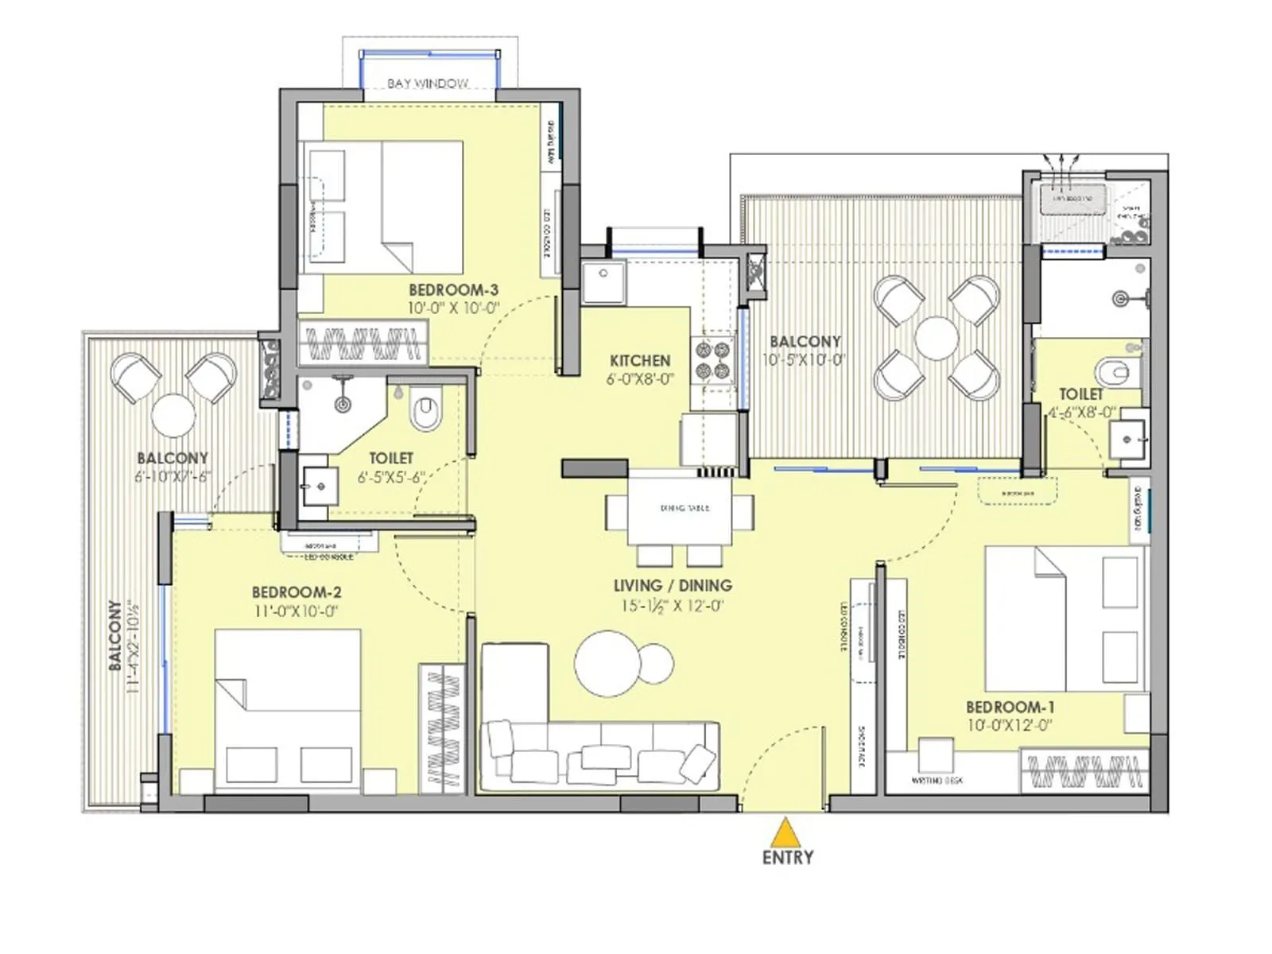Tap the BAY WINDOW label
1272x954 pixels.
(x=428, y=83)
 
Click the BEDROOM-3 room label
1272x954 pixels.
(x=453, y=290)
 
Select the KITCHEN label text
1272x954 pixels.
(x=640, y=360)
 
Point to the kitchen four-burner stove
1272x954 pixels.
(x=712, y=359)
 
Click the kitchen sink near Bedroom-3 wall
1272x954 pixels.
(x=603, y=282)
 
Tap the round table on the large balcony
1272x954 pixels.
(x=937, y=338)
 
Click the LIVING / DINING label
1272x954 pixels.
(x=673, y=586)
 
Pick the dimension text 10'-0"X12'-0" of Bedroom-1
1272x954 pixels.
(x=1010, y=725)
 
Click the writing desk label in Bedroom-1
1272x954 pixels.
(x=937, y=781)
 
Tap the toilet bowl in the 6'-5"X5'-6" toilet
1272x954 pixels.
(x=425, y=412)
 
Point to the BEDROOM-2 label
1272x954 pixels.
(x=297, y=592)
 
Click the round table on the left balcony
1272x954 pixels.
(x=173, y=414)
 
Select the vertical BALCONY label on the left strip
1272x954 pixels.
(x=116, y=635)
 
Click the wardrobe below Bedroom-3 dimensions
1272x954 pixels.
(x=363, y=343)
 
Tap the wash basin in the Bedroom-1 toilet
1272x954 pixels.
(x=1127, y=438)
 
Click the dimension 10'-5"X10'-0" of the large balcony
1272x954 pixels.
(x=804, y=359)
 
